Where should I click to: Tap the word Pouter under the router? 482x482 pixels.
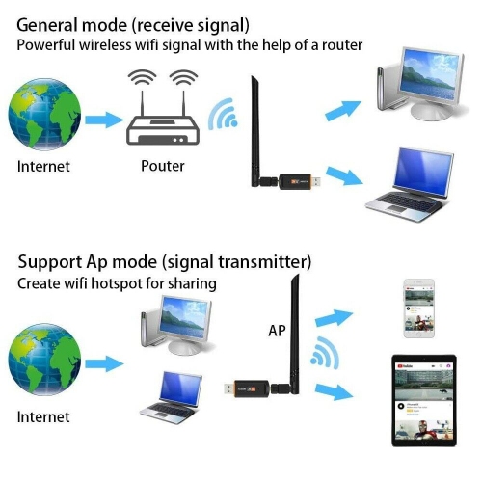tap(162, 166)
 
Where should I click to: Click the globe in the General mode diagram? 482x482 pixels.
tap(43, 118)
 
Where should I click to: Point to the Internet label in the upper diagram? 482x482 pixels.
tap(43, 166)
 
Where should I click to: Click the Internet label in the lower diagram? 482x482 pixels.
tap(43, 417)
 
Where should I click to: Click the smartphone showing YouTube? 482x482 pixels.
tap(418, 308)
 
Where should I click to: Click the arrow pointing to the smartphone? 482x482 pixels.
tap(334, 317)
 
